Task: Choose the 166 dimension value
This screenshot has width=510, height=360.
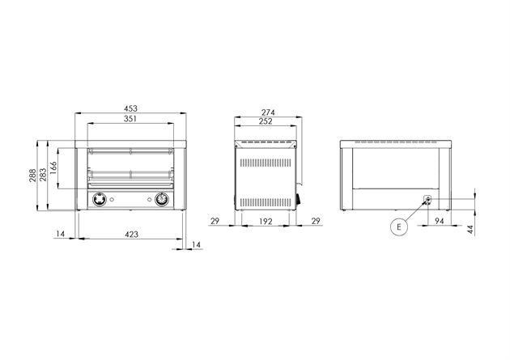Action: point(53,169)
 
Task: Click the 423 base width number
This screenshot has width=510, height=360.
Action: point(131,235)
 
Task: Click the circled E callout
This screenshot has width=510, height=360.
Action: point(397,228)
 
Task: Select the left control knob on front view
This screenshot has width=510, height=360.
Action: point(99,199)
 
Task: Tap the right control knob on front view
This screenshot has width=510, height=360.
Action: point(162,199)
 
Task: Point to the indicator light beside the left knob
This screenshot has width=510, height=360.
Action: point(114,200)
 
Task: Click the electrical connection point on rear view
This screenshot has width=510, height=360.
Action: point(427,199)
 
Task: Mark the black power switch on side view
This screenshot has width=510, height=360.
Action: point(298,198)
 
